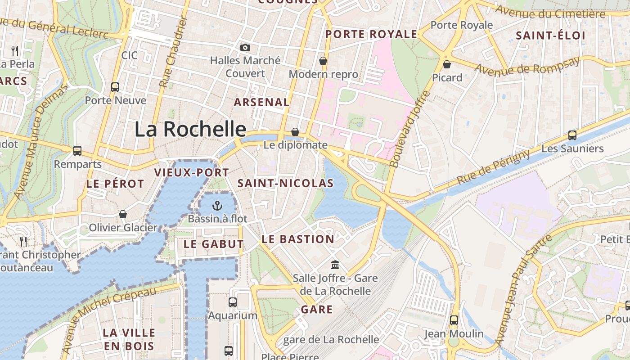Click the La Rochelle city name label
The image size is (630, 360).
coord(190,130)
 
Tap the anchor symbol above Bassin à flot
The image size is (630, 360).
coord(217,206)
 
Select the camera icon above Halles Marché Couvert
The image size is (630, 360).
coord(245,47)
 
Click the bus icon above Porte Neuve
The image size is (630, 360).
coord(115,87)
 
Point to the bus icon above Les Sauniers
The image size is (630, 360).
coord(572,135)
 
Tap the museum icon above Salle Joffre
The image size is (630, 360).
coord(335,265)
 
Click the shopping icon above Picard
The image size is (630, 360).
coord(447,64)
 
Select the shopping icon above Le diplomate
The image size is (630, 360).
coord(295,132)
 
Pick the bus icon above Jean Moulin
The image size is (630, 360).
coord(454,320)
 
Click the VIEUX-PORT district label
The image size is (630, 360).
coord(192,172)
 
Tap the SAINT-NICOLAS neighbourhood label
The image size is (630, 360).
coord(285,183)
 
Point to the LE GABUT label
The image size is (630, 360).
coord(214,244)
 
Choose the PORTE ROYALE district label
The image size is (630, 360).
coord(371,34)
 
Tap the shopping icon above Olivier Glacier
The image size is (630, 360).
coord(122,214)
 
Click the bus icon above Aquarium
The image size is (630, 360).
coord(233,302)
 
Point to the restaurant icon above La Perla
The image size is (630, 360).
coord(15,50)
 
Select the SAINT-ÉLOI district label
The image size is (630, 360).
coord(550,36)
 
